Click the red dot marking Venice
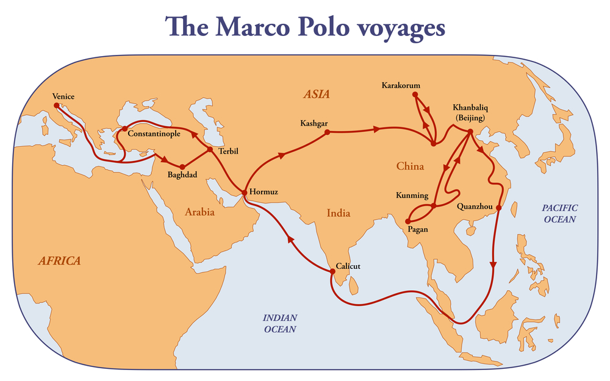coord(57,105)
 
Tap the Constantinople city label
coord(154,134)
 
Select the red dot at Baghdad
coord(182,166)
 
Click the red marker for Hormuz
coord(244,193)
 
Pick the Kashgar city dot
coord(328,132)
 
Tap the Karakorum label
coord(401,85)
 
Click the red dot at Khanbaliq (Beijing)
coord(470,132)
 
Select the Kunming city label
coord(412,196)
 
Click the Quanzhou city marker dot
coord(498,208)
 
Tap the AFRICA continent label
coord(59,261)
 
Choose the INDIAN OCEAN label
coord(279,323)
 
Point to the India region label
coord(338,213)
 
